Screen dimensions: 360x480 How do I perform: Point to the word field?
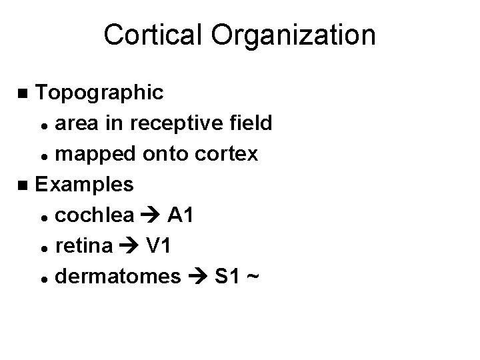pos(248,123)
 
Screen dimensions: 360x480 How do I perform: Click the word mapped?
pos(93,153)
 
